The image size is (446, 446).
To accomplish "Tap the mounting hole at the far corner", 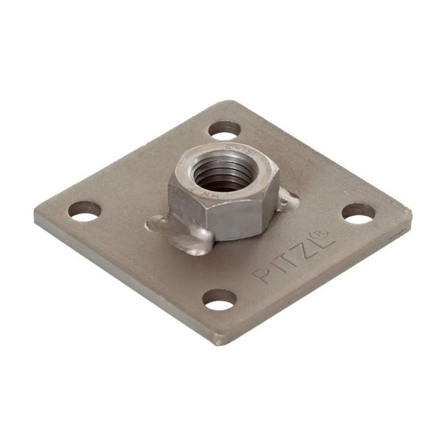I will click(224, 130).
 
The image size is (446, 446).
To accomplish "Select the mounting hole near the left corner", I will click(85, 212).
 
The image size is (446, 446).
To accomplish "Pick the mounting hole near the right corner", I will click(358, 213).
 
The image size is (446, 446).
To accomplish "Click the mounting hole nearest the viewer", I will click(219, 299).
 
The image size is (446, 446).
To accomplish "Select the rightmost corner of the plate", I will click(410, 213).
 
